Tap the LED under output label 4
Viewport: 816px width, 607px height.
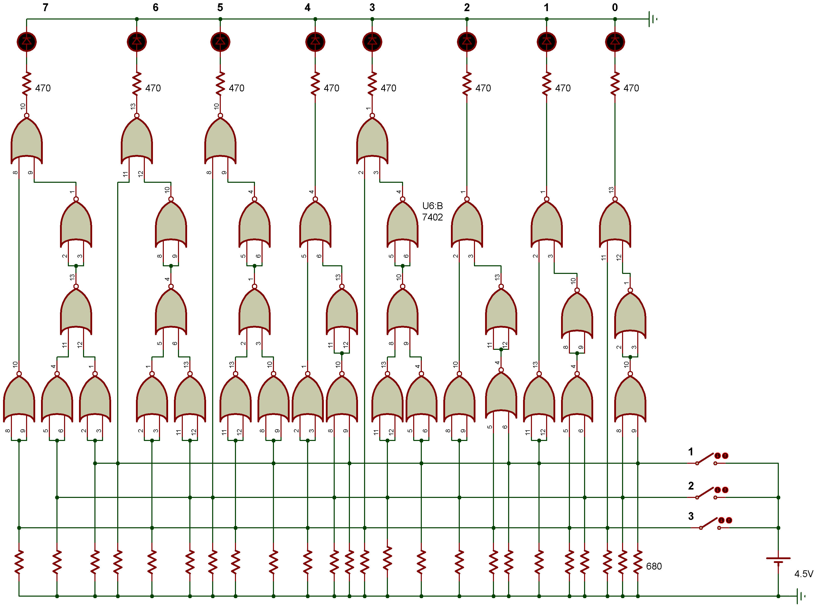(315, 42)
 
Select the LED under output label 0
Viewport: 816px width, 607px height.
(615, 42)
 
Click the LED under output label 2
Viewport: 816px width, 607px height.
(467, 42)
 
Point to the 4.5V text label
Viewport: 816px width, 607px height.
(804, 574)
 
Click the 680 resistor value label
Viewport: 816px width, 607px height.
(654, 566)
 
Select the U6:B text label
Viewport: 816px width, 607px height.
(432, 206)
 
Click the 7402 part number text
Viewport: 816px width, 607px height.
(432, 217)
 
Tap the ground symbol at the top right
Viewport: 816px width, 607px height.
(652, 19)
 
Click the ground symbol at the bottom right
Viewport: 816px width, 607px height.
(801, 596)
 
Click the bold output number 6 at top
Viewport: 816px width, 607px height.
(155, 7)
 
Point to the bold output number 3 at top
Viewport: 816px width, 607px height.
(372, 7)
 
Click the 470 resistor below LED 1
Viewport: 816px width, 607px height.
(546, 84)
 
